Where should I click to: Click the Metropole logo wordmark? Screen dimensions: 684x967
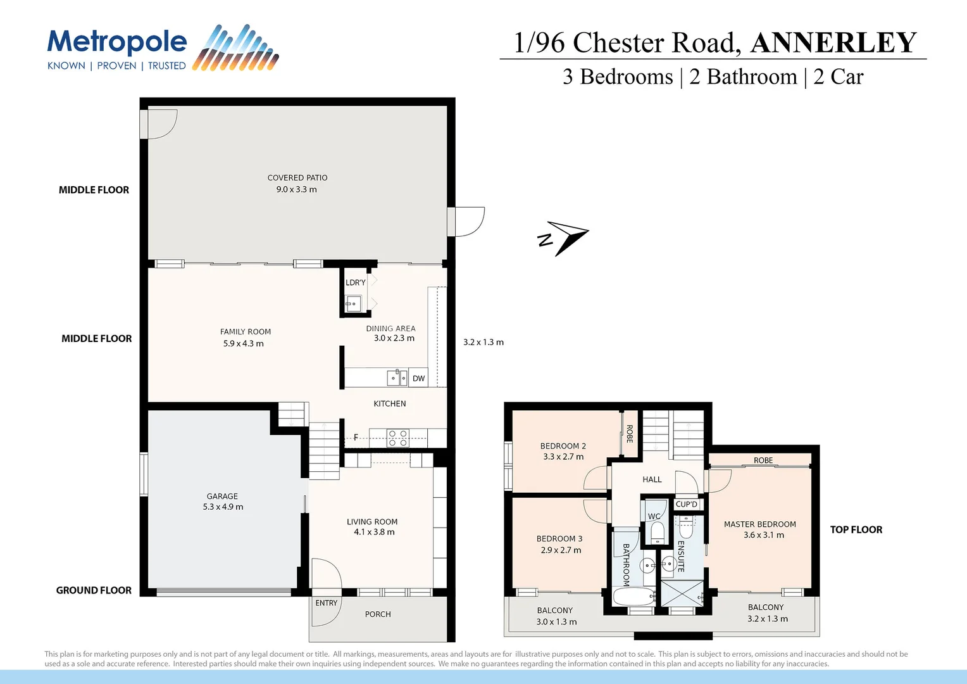pyautogui.click(x=117, y=42)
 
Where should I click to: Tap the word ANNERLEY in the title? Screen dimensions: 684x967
pyautogui.click(x=833, y=43)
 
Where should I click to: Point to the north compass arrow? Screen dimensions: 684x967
pyautogui.click(x=565, y=237)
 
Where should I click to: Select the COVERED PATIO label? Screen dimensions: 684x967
pyautogui.click(x=297, y=178)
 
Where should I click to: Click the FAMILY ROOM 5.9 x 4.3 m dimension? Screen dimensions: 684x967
pyautogui.click(x=244, y=344)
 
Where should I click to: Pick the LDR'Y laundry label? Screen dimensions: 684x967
pyautogui.click(x=355, y=282)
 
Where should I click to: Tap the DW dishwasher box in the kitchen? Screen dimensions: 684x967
pyautogui.click(x=418, y=379)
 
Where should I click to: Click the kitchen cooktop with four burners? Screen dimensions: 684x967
pyautogui.click(x=398, y=438)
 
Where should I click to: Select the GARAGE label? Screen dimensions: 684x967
pyautogui.click(x=222, y=497)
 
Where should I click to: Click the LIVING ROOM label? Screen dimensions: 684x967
pyautogui.click(x=372, y=522)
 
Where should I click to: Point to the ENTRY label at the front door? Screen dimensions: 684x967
pyautogui.click(x=326, y=603)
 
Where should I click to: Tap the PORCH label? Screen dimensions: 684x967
pyautogui.click(x=378, y=614)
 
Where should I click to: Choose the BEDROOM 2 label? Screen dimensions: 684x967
pyautogui.click(x=563, y=446)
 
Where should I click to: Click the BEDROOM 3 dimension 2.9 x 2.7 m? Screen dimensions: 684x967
pyautogui.click(x=561, y=550)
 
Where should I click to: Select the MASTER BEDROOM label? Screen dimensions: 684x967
pyautogui.click(x=760, y=524)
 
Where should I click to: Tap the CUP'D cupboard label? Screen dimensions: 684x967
pyautogui.click(x=687, y=504)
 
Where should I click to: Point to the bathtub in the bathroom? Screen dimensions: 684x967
pyautogui.click(x=633, y=597)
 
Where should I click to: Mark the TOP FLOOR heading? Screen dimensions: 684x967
pyautogui.click(x=856, y=529)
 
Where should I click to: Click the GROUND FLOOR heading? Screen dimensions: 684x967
pyautogui.click(x=94, y=590)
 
